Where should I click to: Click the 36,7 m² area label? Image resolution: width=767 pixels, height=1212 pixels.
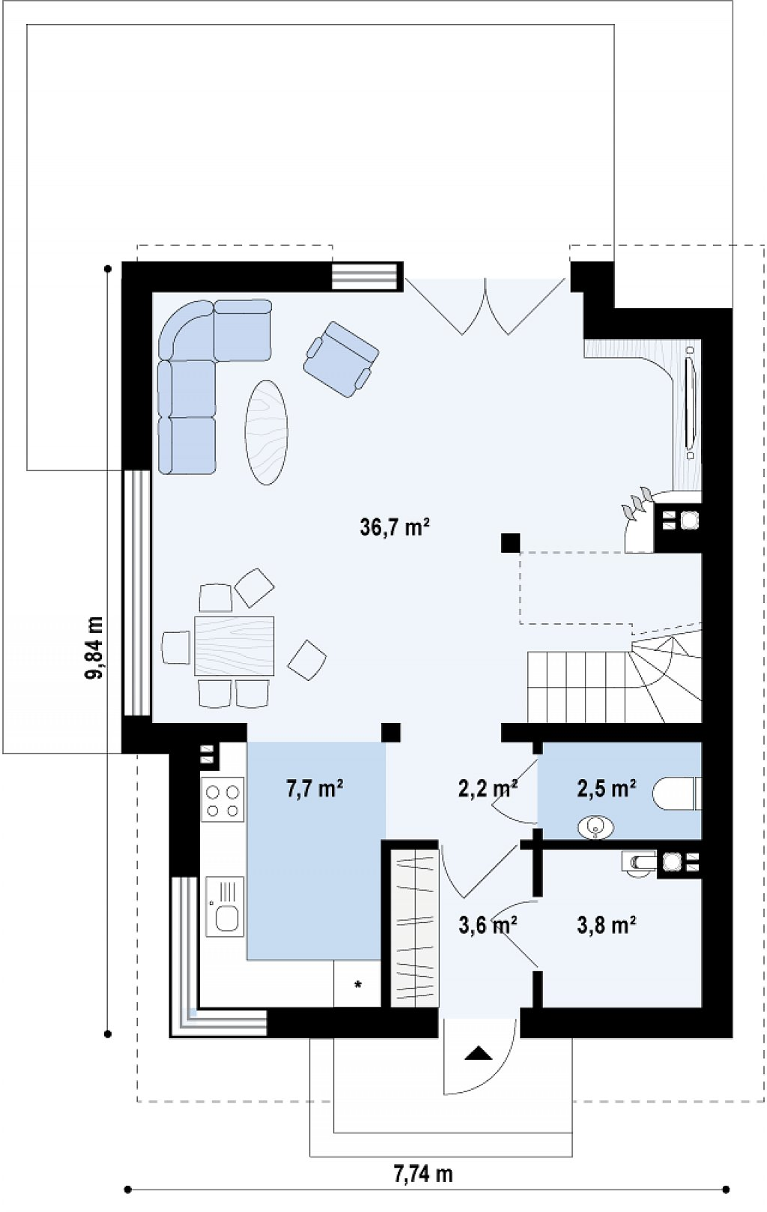point(395,527)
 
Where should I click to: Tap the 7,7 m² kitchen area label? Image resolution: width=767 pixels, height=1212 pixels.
point(315,789)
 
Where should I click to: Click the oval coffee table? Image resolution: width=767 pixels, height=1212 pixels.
point(266,432)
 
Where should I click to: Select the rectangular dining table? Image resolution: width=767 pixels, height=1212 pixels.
point(234,646)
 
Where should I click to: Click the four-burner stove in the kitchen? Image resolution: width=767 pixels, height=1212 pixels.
point(222,801)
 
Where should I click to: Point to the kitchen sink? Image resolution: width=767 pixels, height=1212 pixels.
point(225,907)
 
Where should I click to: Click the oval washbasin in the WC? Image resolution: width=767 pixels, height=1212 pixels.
point(595,827)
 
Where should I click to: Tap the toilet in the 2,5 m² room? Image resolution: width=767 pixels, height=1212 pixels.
point(676,794)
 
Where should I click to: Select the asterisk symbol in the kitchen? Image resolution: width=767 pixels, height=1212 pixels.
point(357,984)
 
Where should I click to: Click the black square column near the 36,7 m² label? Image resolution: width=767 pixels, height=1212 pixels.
point(510,542)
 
